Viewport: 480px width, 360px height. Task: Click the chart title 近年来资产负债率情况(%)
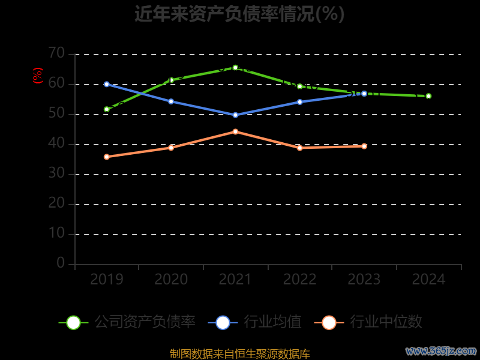click(x=239, y=14)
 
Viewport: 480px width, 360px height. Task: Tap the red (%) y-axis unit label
click(x=38, y=76)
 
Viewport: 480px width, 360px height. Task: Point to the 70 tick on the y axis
click(x=56, y=53)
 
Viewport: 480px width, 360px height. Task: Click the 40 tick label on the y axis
click(x=56, y=143)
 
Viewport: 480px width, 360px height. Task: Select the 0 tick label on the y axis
click(x=61, y=263)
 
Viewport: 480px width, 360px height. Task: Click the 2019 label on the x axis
click(x=107, y=280)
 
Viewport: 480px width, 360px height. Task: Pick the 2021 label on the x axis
click(x=235, y=280)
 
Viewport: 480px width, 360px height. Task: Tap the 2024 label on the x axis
click(x=428, y=280)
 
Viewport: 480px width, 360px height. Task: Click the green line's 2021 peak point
click(x=235, y=68)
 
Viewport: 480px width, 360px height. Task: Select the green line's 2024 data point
click(x=428, y=96)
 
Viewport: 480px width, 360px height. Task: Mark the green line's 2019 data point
click(x=107, y=109)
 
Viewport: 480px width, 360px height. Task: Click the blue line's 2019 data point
click(x=107, y=84)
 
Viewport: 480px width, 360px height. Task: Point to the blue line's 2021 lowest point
click(x=235, y=115)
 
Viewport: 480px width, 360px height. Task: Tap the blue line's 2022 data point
click(x=300, y=102)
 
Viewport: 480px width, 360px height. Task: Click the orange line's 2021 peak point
click(x=235, y=131)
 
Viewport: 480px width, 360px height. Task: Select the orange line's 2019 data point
click(x=107, y=157)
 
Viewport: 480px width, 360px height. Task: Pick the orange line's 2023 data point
click(x=364, y=146)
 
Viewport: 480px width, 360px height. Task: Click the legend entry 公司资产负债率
click(x=128, y=322)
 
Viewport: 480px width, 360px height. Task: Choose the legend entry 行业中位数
click(x=368, y=322)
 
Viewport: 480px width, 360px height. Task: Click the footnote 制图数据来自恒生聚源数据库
click(x=239, y=354)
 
